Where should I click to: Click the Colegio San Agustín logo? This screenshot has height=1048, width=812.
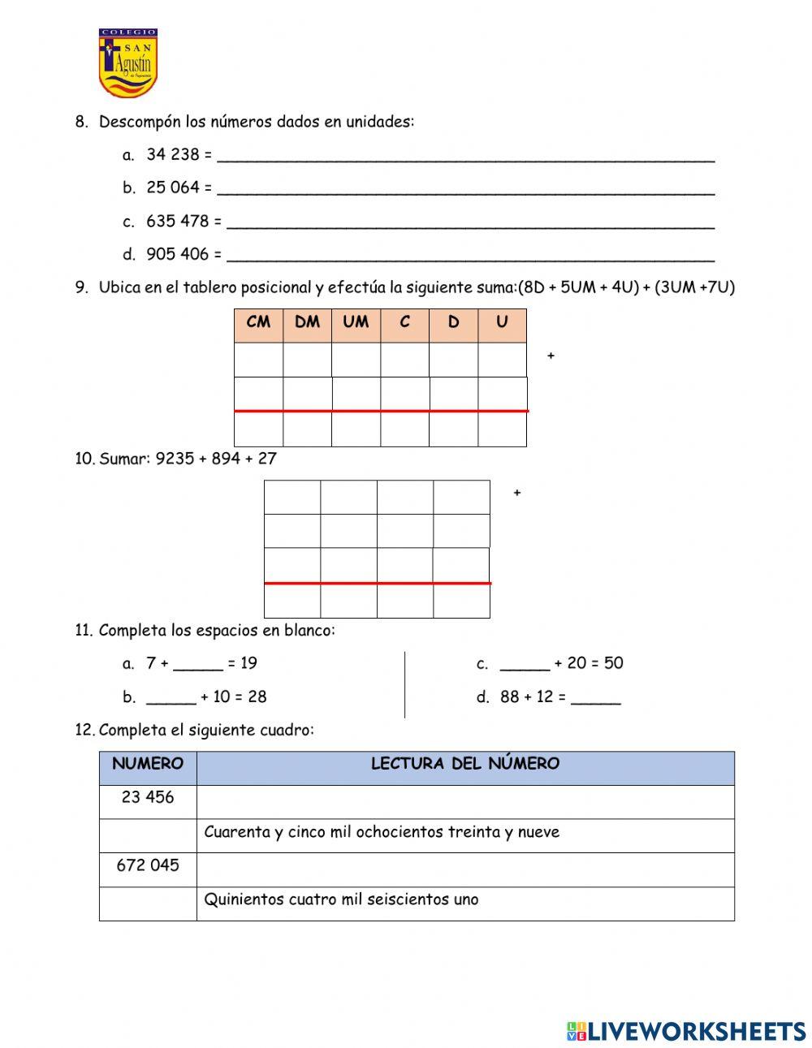coord(127,63)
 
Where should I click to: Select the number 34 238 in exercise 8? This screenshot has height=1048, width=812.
coord(172,154)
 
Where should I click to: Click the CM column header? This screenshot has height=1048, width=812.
coord(258,322)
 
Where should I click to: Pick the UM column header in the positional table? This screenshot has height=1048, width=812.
coord(356,322)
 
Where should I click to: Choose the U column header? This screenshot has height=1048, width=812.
coord(502,322)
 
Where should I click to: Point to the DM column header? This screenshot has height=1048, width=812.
coord(307,322)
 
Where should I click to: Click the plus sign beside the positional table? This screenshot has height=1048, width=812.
coord(551,356)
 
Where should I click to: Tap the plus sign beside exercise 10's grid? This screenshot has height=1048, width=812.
coord(516,493)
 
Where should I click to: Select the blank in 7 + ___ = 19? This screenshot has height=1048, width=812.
coord(198,665)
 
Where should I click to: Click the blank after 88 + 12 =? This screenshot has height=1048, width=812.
coord(595,698)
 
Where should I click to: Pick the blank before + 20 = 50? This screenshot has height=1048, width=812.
coord(525,665)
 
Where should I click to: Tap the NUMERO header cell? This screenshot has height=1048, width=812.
coord(148,764)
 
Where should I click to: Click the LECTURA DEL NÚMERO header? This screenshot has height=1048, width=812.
coord(464,764)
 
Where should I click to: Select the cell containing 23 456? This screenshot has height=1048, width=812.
coord(148,798)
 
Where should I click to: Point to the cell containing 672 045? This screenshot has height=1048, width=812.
coord(148,865)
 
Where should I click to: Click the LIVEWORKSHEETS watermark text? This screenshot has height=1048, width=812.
coord(696,1031)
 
